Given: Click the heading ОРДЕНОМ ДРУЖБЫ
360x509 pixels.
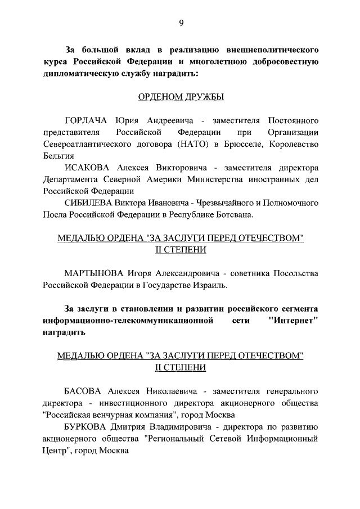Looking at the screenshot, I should (181, 97).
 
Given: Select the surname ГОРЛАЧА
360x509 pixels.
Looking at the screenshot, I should (87, 121).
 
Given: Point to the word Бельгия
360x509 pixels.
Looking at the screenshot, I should (58, 155).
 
